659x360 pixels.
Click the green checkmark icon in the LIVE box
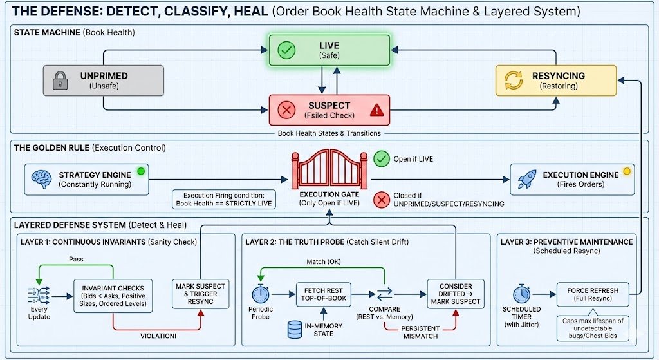(x=286, y=50)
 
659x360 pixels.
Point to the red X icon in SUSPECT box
(x=286, y=111)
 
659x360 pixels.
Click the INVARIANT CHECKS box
(x=113, y=296)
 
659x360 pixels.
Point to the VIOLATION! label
(x=158, y=335)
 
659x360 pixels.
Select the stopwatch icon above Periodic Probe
(x=261, y=294)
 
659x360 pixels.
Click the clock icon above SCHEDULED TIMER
(x=522, y=294)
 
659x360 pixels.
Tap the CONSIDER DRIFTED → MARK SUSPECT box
(x=456, y=294)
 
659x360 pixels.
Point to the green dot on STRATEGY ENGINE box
(x=141, y=171)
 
